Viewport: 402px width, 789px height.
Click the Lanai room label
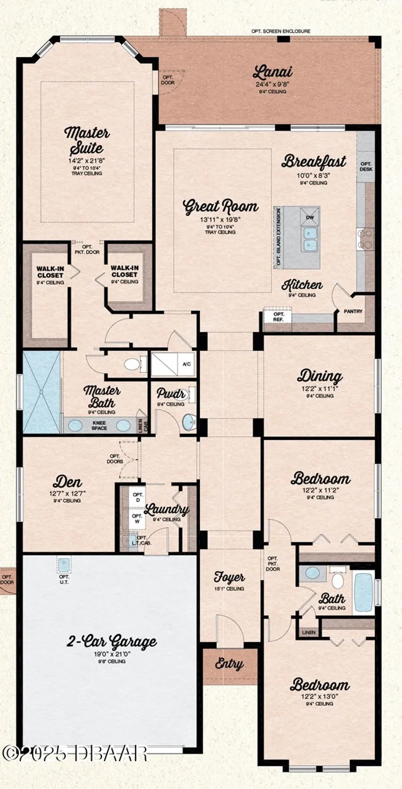point(272,72)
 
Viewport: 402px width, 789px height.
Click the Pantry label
point(353,311)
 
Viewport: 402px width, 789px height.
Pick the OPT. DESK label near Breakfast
point(366,167)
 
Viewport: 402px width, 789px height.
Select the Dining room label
point(319,376)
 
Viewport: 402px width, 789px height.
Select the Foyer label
point(230,577)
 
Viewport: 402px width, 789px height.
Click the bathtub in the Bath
point(363,592)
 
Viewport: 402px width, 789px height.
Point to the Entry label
point(230,664)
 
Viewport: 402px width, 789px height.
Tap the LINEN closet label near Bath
point(308,632)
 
